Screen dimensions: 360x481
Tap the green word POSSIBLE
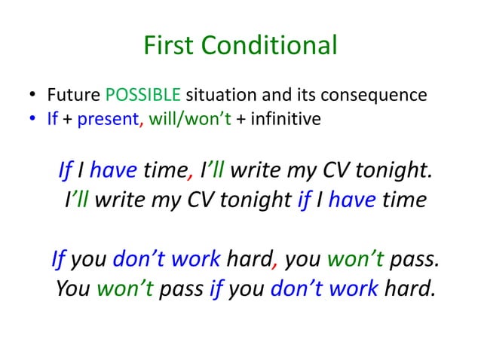tap(143, 96)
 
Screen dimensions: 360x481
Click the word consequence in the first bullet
tap(374, 96)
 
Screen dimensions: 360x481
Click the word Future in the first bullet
tap(75, 96)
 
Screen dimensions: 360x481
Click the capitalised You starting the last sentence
tap(73, 288)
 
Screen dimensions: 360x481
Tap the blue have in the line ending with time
tap(352, 200)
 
